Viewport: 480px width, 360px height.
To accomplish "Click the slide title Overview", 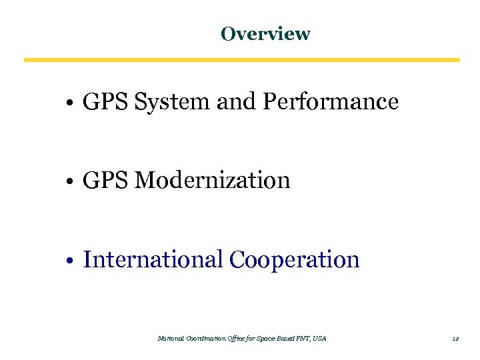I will [265, 33].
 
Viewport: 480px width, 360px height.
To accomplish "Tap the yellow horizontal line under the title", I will [241, 60].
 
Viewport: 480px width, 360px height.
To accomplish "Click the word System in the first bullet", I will [172, 102].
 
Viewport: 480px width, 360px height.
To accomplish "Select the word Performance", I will [331, 102].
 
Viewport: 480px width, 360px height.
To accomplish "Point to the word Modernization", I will [212, 180].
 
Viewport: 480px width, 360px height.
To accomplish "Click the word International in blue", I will [152, 259].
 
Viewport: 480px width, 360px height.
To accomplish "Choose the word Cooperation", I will [294, 259].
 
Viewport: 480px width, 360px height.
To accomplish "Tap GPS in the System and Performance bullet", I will [105, 102].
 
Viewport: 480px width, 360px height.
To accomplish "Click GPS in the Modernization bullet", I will [105, 180].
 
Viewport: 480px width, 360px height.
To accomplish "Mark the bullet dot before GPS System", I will [70, 104].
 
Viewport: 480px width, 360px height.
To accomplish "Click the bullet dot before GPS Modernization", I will [70, 182].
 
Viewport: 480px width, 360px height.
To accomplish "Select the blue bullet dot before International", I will [70, 261].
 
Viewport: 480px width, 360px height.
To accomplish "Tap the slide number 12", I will [455, 339].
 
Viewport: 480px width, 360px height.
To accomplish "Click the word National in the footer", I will [169, 339].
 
